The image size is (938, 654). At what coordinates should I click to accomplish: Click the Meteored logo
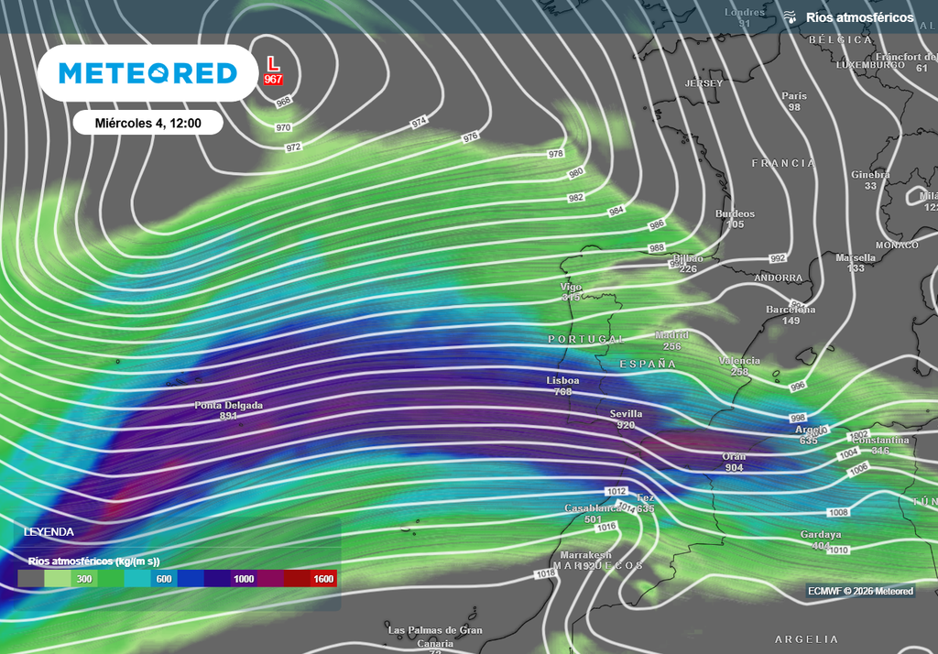pos(147,73)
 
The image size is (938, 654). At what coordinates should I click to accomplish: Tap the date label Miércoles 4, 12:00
pos(147,123)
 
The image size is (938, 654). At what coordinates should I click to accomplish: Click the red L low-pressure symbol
pos(272,63)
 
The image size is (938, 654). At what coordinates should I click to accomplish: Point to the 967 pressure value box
pos(273,80)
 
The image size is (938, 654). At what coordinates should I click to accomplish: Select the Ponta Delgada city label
pos(228,405)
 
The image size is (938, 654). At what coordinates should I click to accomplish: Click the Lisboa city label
pos(562,380)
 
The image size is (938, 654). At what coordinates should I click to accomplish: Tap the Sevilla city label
pos(626,414)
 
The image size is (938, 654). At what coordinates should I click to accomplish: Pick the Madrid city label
pos(671,335)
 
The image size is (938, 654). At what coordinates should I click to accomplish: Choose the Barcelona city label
pos(791,310)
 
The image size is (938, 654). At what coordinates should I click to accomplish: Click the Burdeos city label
pos(735,213)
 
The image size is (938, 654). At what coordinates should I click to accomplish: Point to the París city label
pos(794,96)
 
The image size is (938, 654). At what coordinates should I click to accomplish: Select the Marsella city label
pos(856,257)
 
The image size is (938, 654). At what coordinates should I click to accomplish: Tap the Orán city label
pos(734,456)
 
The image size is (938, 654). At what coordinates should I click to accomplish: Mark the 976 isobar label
pos(470,137)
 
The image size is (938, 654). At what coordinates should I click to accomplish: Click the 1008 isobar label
pos(838,513)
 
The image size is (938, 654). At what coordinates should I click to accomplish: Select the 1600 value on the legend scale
pos(323,579)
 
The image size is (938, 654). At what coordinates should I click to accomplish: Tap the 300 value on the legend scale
pos(84,579)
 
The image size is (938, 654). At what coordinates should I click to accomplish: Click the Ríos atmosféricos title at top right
pos(859,17)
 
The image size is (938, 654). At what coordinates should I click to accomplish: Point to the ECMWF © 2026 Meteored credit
pos(860,591)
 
